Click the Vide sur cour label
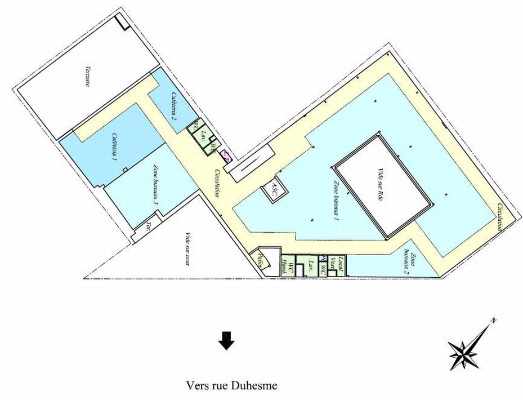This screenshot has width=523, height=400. pos(187,248)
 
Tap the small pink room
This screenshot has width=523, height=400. pos(226,156)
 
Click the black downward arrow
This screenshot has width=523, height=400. pos(226,341)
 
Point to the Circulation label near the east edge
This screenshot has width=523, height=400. pos(499,217)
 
